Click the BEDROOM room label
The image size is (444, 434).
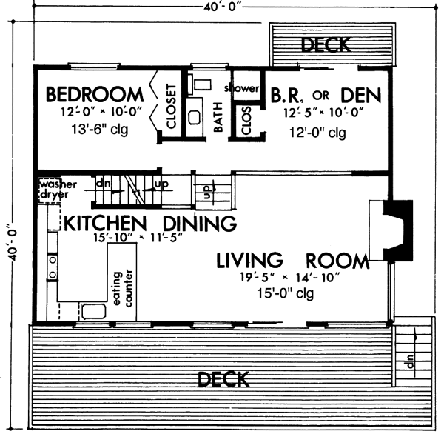[95, 95]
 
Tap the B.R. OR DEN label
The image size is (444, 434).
[326, 96]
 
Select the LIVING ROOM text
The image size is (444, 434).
[293, 261]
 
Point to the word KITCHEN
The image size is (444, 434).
[105, 224]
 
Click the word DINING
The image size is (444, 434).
[200, 224]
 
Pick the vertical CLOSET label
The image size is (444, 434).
[172, 106]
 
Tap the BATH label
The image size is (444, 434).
[218, 117]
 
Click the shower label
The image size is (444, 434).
[241, 88]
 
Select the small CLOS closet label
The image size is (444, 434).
[246, 121]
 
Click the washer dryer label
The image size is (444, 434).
[58, 190]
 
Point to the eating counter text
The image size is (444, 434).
[123, 288]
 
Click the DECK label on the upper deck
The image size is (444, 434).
[326, 44]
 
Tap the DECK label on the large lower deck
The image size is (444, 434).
[223, 380]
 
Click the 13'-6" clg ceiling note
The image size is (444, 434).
[100, 130]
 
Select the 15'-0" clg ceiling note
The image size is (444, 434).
[286, 293]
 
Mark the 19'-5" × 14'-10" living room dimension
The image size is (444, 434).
[290, 277]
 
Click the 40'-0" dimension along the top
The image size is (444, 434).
[223, 7]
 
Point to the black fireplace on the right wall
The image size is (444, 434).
[398, 230]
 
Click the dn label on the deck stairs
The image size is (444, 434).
[410, 361]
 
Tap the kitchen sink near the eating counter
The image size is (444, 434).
[94, 311]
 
